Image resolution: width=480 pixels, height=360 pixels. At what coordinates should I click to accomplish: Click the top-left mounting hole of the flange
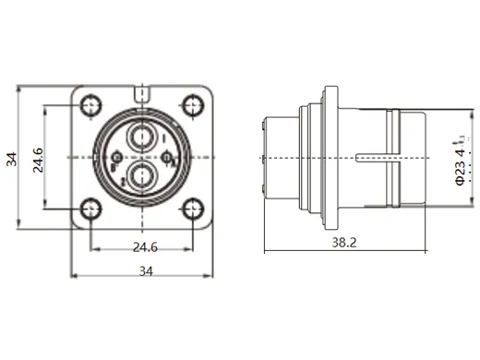tap(90, 105)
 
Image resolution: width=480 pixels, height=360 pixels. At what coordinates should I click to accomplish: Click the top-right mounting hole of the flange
tap(192, 105)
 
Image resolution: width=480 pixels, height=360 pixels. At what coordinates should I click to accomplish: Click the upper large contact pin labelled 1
tap(140, 138)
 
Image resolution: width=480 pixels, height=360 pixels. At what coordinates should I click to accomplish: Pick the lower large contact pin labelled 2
tap(140, 174)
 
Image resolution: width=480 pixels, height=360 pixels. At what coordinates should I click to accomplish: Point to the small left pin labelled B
tap(117, 158)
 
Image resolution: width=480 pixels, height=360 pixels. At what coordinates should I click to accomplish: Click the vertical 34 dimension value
tap(12, 158)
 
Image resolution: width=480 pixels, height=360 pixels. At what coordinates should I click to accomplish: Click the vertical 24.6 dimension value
tap(37, 158)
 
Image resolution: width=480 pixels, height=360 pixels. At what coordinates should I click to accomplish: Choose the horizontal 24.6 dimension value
tap(140, 246)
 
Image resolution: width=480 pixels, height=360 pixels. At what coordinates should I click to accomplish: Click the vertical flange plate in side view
tap(328, 157)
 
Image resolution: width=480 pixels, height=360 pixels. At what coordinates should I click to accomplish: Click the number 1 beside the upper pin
tap(162, 138)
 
